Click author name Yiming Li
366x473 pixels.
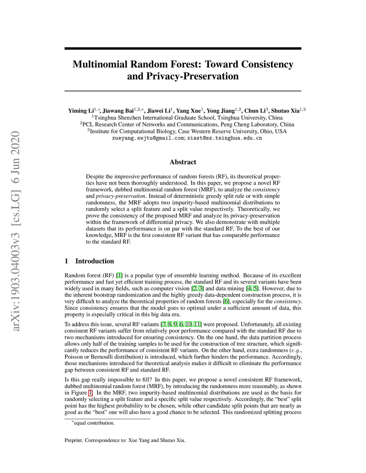pyautogui.click(x=81, y=111)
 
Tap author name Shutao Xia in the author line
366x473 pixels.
pyautogui.click(x=285, y=111)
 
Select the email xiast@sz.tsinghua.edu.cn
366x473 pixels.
pyautogui.click(x=225, y=138)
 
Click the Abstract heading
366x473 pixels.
pyautogui.click(x=183, y=162)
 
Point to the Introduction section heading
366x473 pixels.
pyautogui.click(x=94, y=261)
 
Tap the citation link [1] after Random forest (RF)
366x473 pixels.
pyautogui.click(x=119, y=275)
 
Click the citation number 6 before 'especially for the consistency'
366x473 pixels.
pyautogui.click(x=226, y=301)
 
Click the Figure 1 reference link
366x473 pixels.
pyautogui.click(x=90, y=393)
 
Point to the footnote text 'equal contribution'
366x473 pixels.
pyautogui.click(x=94, y=423)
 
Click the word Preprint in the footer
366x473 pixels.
pyautogui.click(x=74, y=440)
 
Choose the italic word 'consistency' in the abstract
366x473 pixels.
pyautogui.click(x=266, y=190)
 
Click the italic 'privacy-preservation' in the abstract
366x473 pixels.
pyautogui.click(x=121, y=196)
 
